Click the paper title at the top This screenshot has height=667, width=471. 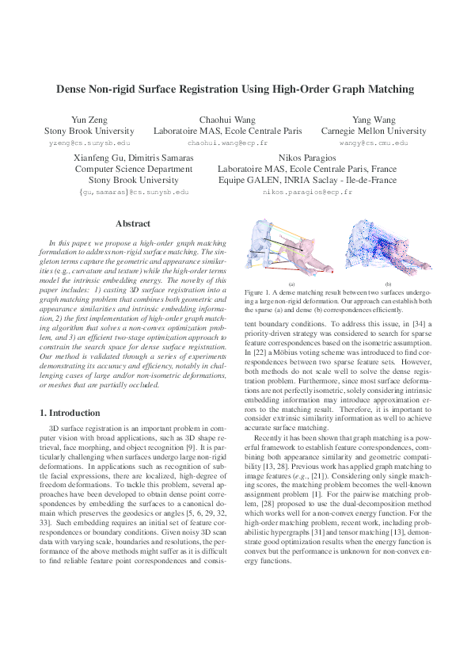[234, 90]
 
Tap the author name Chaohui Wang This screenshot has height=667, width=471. [227, 120]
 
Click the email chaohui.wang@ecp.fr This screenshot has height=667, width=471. [227, 143]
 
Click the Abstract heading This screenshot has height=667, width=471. [133, 224]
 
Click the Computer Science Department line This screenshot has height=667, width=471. [133, 169]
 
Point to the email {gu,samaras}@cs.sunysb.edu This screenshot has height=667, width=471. [133, 192]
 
